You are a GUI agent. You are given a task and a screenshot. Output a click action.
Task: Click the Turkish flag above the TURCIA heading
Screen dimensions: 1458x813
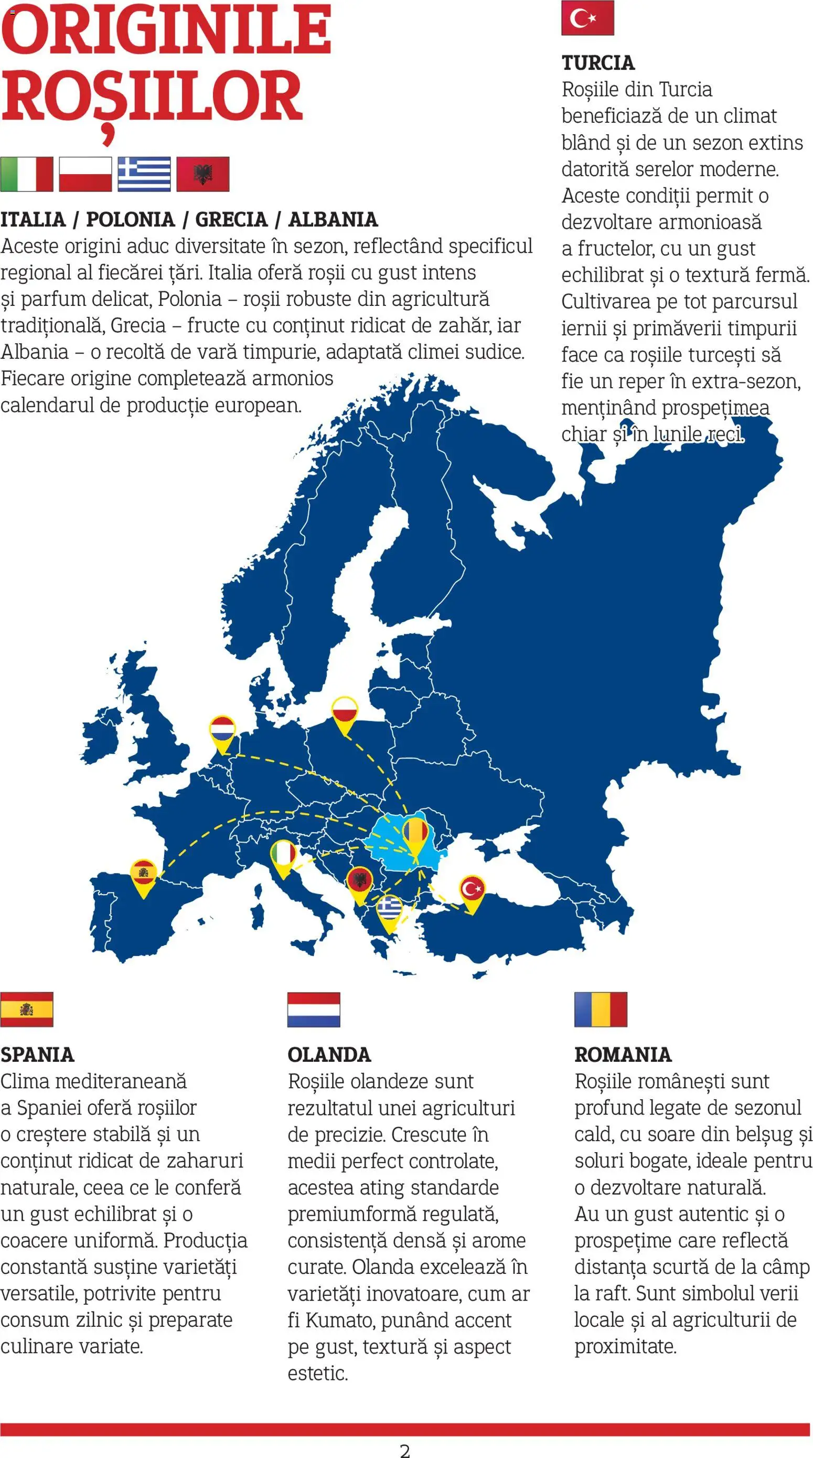587,18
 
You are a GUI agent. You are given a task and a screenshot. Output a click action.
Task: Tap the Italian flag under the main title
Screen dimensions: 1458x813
27,174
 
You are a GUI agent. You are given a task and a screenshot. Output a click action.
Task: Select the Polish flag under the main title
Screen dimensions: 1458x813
85,174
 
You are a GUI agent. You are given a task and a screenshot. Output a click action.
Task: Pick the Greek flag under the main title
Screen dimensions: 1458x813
144,174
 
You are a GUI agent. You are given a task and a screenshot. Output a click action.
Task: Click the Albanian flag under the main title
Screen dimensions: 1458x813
202,174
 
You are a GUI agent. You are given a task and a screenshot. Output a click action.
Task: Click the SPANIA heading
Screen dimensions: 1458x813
37,1055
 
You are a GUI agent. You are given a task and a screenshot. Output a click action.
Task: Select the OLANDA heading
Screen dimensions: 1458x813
329,1055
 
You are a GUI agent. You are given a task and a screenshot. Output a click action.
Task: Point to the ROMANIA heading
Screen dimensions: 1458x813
623,1055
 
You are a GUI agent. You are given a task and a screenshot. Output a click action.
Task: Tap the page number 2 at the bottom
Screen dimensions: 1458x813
405,1450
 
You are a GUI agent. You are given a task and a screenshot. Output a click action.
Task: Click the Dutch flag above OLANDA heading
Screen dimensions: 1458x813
314,1010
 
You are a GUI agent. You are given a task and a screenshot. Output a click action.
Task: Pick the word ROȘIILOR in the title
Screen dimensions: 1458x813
152,98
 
